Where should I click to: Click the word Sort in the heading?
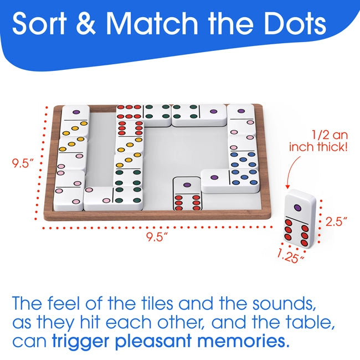coord(39,23)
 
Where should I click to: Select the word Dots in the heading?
coord(295,23)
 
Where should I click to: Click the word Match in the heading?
coord(152,23)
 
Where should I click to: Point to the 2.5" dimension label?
coord(336,222)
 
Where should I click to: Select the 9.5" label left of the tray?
coord(23,163)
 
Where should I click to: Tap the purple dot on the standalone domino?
coord(298,208)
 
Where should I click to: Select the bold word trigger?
coord(82,342)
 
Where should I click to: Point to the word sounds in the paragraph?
coord(284,304)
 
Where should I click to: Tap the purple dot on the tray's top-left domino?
coord(76,112)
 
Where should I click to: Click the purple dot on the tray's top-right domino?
coord(241,111)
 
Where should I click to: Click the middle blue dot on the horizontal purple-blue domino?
coord(244,177)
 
